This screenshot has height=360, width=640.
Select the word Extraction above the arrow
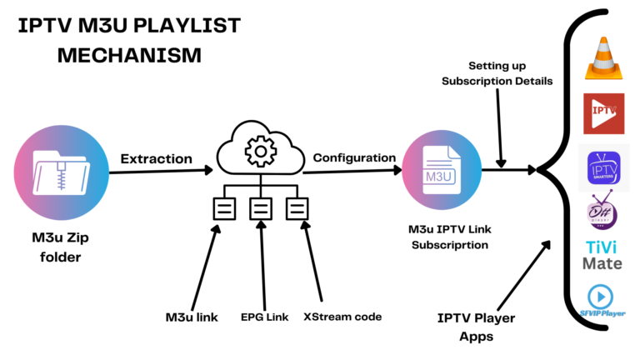pyautogui.click(x=157, y=157)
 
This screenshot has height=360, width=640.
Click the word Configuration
pyautogui.click(x=354, y=157)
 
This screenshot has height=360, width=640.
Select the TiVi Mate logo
pyautogui.click(x=602, y=252)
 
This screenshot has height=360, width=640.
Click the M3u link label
pyautogui.click(x=193, y=317)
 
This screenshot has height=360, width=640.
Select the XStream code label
pyautogui.click(x=342, y=317)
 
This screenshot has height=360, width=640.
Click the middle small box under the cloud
pyautogui.click(x=261, y=208)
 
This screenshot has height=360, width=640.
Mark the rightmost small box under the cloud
pyautogui.click(x=297, y=208)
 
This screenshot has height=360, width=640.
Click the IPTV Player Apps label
pyautogui.click(x=477, y=326)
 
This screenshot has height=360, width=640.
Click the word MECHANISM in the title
pyautogui.click(x=109, y=56)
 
